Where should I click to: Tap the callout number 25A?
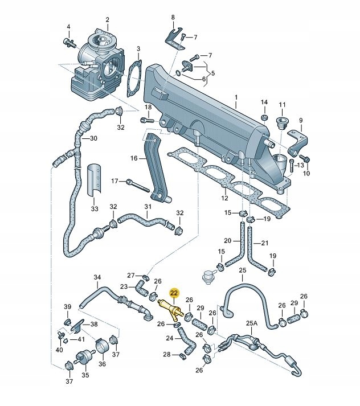coord(251,324)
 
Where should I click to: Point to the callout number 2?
coord(107,20)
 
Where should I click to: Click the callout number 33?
coord(95,208)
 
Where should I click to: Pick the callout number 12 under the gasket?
coord(224,198)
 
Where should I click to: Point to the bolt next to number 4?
coord(69,42)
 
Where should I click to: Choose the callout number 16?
coord(133,158)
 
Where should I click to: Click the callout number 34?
coord(97,278)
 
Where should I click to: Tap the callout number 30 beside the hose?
coord(93,138)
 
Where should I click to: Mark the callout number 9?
coord(301,120)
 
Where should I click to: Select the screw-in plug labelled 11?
coord(280,122)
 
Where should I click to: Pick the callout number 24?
coord(169,338)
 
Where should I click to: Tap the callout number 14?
coord(264,102)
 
